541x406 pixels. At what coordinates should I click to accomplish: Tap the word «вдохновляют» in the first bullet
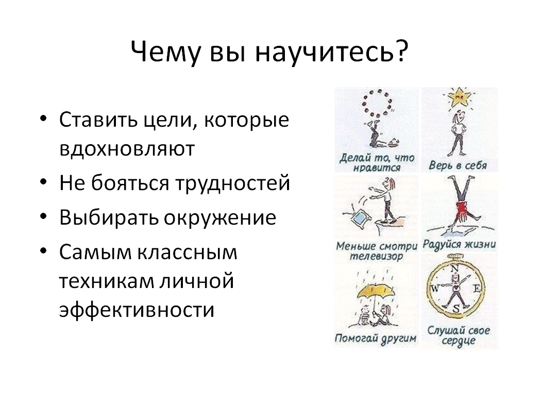click(127, 149)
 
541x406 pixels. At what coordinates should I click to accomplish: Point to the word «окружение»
click(220, 217)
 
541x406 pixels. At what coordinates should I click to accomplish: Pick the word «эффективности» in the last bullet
click(137, 309)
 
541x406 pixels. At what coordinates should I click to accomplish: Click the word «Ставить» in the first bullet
click(98, 120)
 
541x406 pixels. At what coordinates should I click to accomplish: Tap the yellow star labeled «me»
click(459, 97)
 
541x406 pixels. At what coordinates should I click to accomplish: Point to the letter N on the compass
click(455, 268)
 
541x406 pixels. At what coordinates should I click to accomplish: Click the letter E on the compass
click(477, 288)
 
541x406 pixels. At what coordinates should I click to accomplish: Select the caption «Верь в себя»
click(458, 165)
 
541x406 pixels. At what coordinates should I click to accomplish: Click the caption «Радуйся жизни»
click(459, 244)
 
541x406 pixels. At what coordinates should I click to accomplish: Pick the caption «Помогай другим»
click(376, 339)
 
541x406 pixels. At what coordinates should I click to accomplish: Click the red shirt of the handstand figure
click(462, 209)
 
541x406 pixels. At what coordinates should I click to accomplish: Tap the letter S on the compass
click(456, 309)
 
